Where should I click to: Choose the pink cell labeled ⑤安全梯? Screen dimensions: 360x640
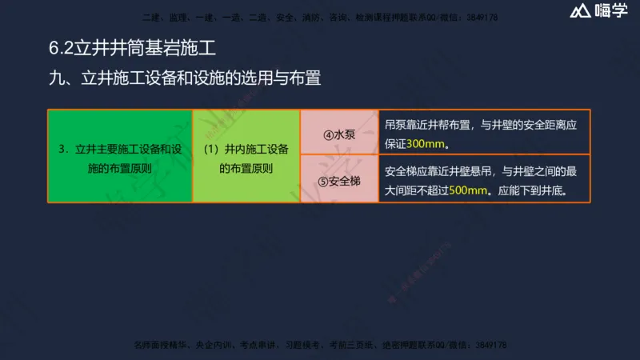pyautogui.click(x=339, y=181)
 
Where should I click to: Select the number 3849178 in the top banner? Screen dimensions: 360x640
pyautogui.click(x=481, y=18)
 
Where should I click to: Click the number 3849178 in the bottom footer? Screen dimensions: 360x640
pyautogui.click(x=488, y=345)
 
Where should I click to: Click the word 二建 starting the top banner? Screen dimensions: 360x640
pyautogui.click(x=150, y=18)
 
